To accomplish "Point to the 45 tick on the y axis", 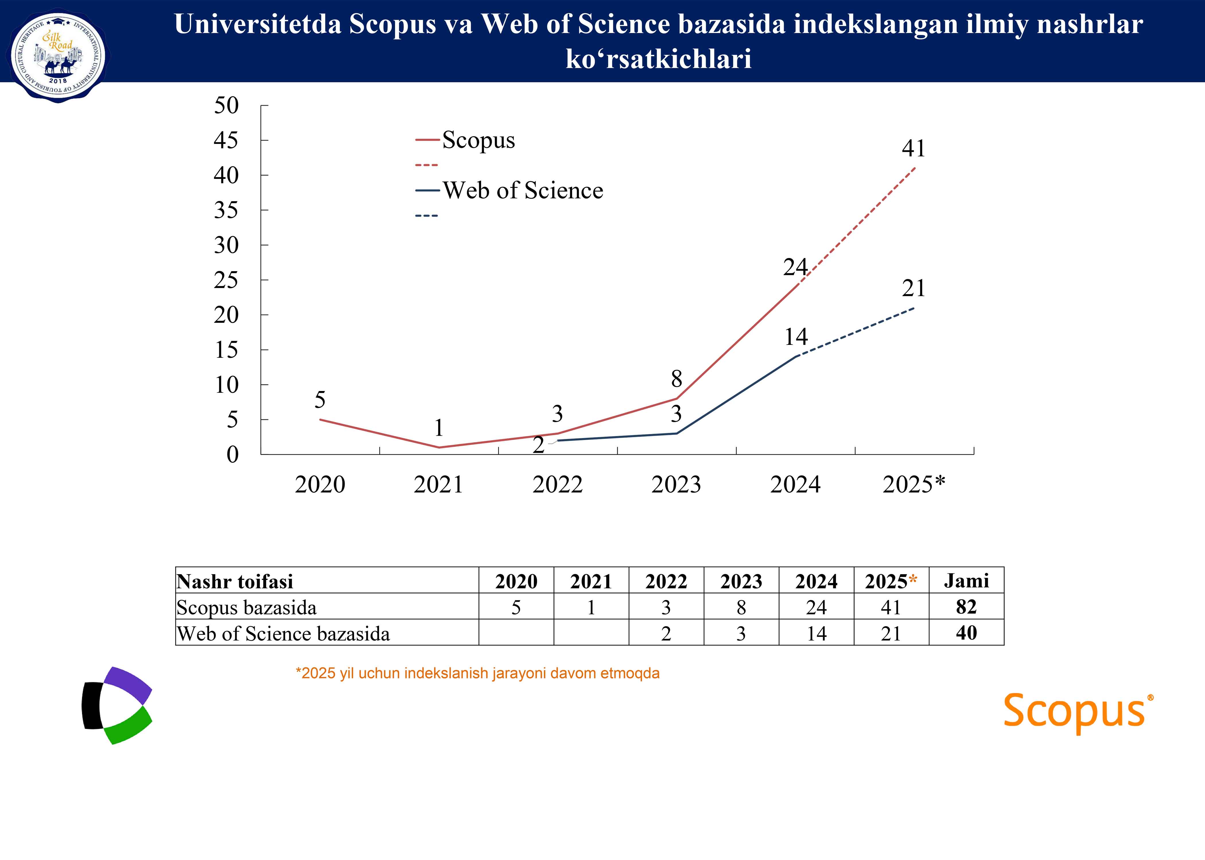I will click(226, 140).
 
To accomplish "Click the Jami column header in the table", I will click(966, 581).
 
